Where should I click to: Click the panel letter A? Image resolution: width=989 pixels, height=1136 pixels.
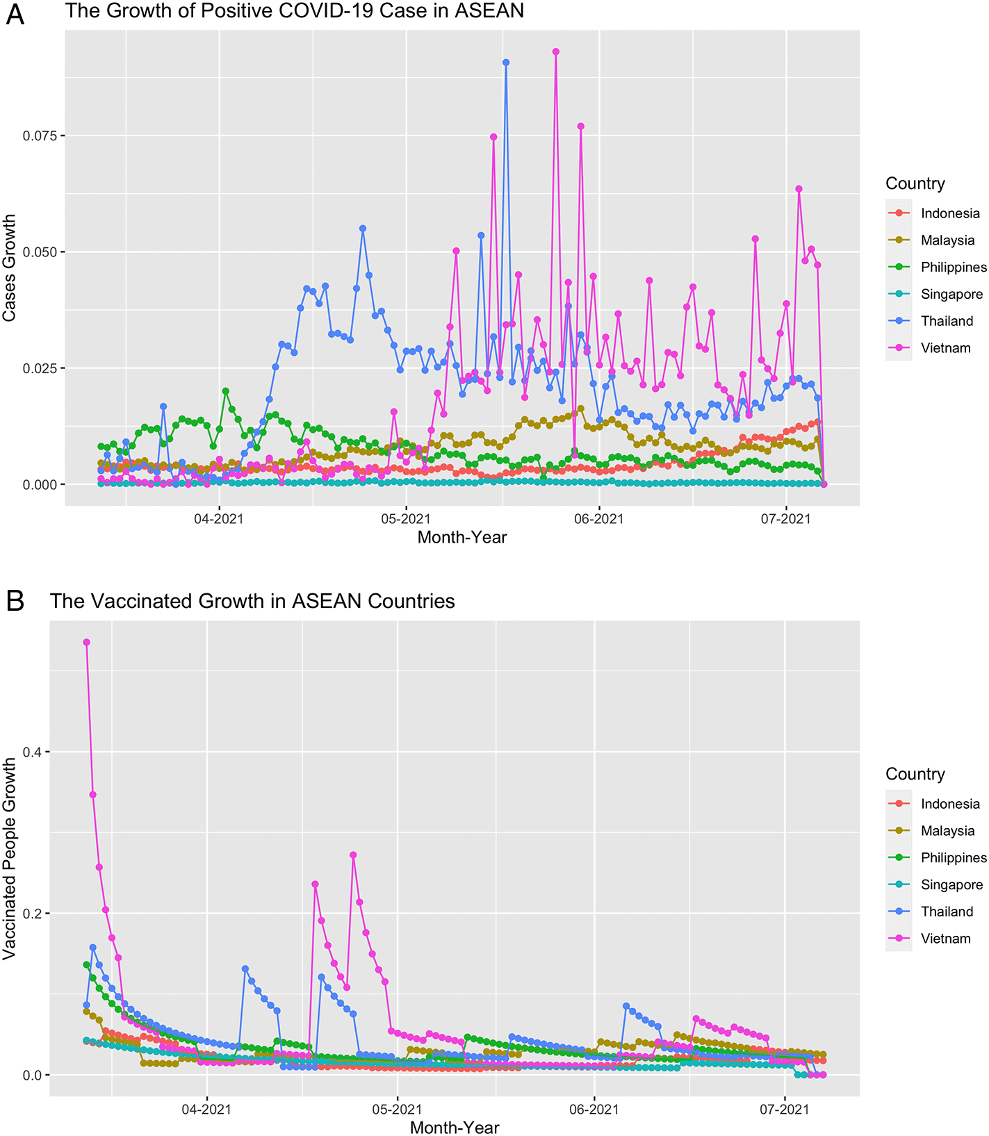[15, 14]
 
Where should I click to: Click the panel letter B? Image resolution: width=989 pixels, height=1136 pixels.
[15, 601]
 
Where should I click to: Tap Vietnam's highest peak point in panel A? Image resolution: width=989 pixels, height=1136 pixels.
[555, 51]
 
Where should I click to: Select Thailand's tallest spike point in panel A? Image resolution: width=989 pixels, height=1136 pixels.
[506, 63]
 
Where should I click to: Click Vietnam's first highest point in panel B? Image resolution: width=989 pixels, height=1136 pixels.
[86, 642]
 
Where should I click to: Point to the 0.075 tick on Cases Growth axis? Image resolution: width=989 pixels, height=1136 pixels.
[39, 135]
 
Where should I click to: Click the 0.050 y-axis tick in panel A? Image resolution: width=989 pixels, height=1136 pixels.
[39, 252]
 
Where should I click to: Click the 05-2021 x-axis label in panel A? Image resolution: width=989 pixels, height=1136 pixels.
[405, 519]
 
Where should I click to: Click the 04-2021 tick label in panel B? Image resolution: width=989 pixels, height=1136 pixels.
[206, 1110]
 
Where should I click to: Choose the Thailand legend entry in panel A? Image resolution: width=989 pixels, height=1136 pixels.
[947, 321]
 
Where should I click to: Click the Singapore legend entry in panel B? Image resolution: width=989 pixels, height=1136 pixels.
[951, 884]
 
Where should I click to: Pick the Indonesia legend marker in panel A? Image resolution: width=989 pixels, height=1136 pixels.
[899, 213]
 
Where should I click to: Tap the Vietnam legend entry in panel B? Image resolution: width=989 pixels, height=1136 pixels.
[945, 939]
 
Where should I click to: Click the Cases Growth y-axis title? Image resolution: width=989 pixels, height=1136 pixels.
[9, 267]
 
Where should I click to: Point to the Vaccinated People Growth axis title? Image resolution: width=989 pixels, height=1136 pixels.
[9, 858]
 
